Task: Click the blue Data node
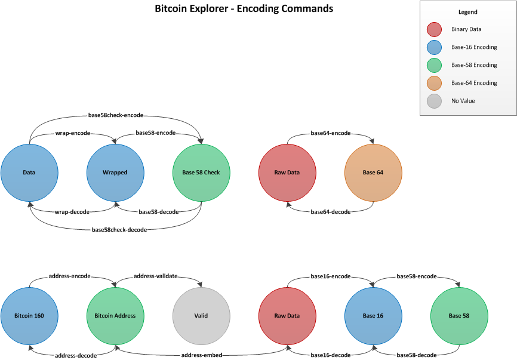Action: (x=29, y=173)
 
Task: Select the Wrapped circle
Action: (x=115, y=173)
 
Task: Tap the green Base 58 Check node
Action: (x=201, y=173)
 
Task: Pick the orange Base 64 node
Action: (x=373, y=173)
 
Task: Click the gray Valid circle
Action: (x=201, y=316)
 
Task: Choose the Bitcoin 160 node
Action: (x=29, y=316)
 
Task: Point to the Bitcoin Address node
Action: (x=115, y=316)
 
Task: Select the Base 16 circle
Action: (x=373, y=316)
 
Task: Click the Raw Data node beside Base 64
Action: (x=287, y=173)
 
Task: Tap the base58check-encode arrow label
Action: (x=116, y=115)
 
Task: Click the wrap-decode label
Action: (x=72, y=211)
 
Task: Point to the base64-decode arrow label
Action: (x=330, y=211)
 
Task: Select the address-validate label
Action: (x=158, y=276)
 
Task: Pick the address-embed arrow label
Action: (x=201, y=355)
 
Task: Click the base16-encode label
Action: (x=330, y=276)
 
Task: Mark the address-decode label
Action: (x=76, y=355)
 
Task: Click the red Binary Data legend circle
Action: (x=435, y=29)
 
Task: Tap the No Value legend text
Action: (x=463, y=101)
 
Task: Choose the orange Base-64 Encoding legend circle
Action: (x=435, y=83)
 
